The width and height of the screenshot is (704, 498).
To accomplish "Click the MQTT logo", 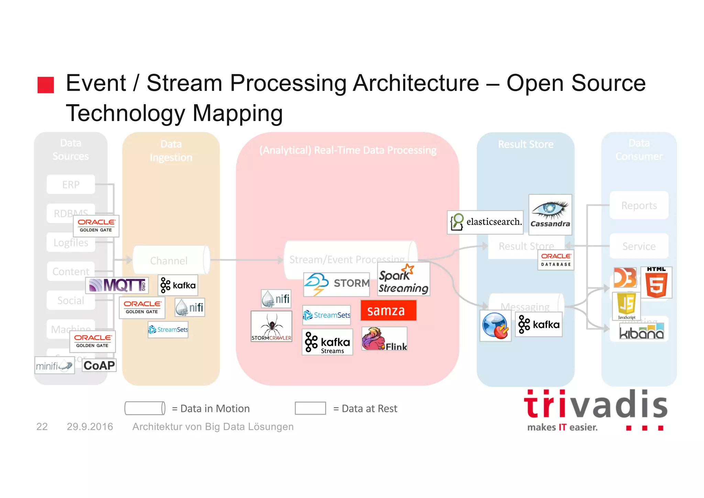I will pos(117,285).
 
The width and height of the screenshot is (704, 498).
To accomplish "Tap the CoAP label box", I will pos(99,365).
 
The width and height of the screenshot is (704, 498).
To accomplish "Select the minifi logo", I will pos(54,365).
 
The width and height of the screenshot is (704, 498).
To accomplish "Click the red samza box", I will pos(388,310).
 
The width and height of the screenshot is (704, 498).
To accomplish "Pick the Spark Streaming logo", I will pos(404,279).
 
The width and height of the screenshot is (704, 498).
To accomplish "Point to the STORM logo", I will pos(337,284).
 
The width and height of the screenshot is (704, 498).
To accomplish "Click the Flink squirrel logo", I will pos(384,339).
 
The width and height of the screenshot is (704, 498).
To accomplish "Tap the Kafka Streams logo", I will pos(327,342).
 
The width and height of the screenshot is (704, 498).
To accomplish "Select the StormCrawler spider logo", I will pos(271,326).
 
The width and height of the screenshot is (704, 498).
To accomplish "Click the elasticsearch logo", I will pos(485,222).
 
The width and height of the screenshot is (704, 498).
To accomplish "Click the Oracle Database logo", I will pos(555,260).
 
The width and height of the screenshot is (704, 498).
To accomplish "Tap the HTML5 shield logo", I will pos(656,283).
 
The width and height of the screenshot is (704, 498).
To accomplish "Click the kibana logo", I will pos(641,332).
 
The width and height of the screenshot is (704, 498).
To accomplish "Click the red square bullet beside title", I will pos(46,85).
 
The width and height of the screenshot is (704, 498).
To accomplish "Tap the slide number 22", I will pos(42,426).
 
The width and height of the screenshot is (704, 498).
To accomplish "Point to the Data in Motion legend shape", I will pos(145,408).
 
